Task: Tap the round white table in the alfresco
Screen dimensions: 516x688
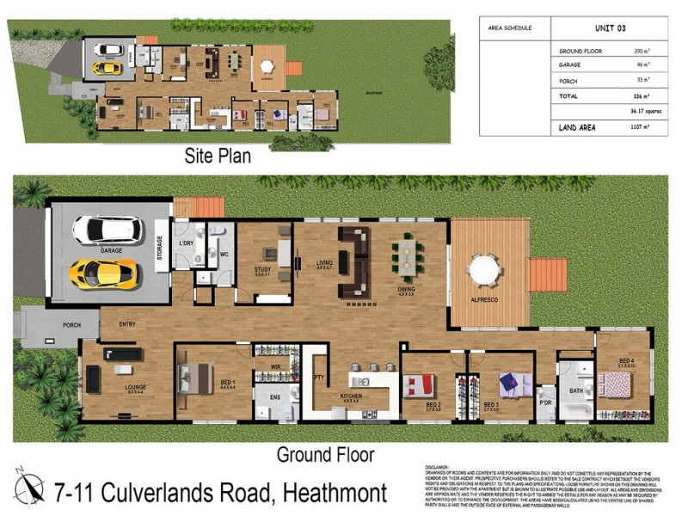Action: [484, 272]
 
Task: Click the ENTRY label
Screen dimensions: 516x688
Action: [129, 323]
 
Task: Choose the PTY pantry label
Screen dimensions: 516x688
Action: [318, 378]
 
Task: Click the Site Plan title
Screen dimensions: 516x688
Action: [218, 157]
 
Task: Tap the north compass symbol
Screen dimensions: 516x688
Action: [29, 487]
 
